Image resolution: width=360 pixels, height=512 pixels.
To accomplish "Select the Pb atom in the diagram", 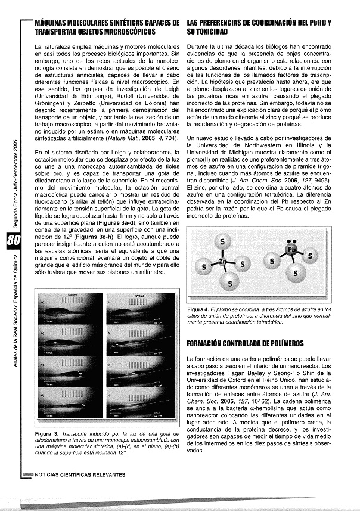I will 291,250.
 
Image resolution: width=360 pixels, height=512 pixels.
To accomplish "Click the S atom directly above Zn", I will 222,241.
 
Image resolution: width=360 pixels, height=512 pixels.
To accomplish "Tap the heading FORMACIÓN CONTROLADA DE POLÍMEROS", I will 245,343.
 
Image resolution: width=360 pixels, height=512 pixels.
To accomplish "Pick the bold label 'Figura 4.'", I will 197,310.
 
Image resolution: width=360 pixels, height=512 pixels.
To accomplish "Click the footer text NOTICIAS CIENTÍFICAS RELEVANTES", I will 80,475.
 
